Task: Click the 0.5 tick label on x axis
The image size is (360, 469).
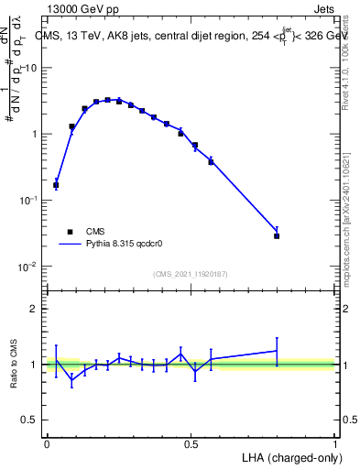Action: click(191, 443)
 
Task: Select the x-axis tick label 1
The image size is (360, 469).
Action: click(335, 443)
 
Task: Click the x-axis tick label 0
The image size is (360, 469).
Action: click(47, 443)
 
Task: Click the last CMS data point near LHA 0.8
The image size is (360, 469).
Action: click(277, 235)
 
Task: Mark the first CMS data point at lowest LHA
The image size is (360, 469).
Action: click(56, 185)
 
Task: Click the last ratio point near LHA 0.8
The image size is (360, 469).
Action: click(277, 350)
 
